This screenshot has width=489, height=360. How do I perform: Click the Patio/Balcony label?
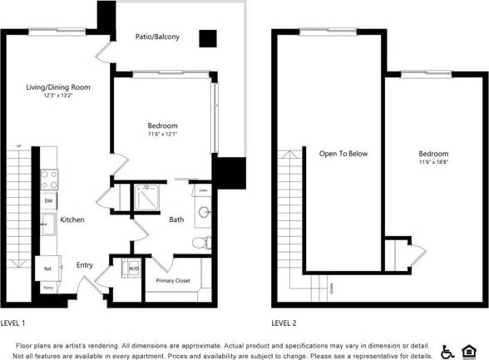point(157,37)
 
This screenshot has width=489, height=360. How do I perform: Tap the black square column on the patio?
point(207,38)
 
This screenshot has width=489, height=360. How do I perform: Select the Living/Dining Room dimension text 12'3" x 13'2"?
point(58,96)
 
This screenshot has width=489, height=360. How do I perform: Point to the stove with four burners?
point(50,179)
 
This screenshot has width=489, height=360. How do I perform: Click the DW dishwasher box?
point(49,202)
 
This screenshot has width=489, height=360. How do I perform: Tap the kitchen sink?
point(49,224)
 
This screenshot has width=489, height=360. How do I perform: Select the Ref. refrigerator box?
point(47,268)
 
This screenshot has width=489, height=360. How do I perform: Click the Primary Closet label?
point(173,281)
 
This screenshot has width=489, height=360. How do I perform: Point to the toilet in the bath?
point(201,244)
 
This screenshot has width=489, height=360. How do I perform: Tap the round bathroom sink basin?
point(204,211)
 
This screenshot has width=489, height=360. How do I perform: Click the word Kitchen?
point(72,219)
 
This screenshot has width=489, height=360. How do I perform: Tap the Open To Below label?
point(343,154)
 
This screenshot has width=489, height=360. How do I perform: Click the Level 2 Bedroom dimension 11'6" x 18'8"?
point(433,163)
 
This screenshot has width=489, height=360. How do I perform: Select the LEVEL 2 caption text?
point(288,323)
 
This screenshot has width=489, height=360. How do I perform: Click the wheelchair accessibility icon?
point(447,351)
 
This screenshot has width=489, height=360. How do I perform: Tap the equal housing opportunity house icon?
point(470,351)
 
